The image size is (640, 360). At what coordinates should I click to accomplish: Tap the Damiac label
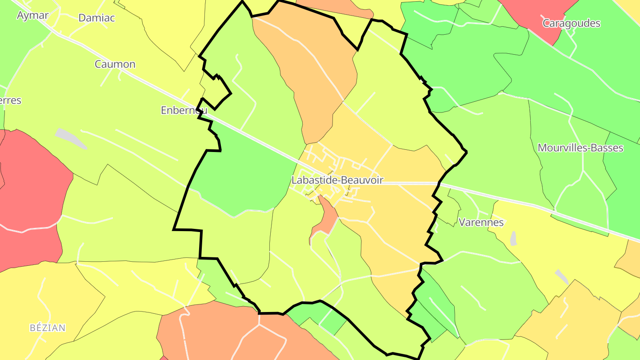coord(96,18)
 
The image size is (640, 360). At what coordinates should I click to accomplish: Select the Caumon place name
coord(115,64)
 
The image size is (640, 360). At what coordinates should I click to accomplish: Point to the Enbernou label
coord(184,110)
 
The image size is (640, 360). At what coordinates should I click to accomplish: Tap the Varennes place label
coord(481,222)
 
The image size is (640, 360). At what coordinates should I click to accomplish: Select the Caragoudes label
coord(571,23)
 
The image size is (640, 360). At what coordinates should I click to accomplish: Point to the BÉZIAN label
coord(48,328)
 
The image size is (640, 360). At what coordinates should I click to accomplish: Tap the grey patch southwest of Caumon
coord(70,138)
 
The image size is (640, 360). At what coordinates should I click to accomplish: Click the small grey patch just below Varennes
coord(514,239)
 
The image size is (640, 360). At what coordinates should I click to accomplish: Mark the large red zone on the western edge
coord(31,200)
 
